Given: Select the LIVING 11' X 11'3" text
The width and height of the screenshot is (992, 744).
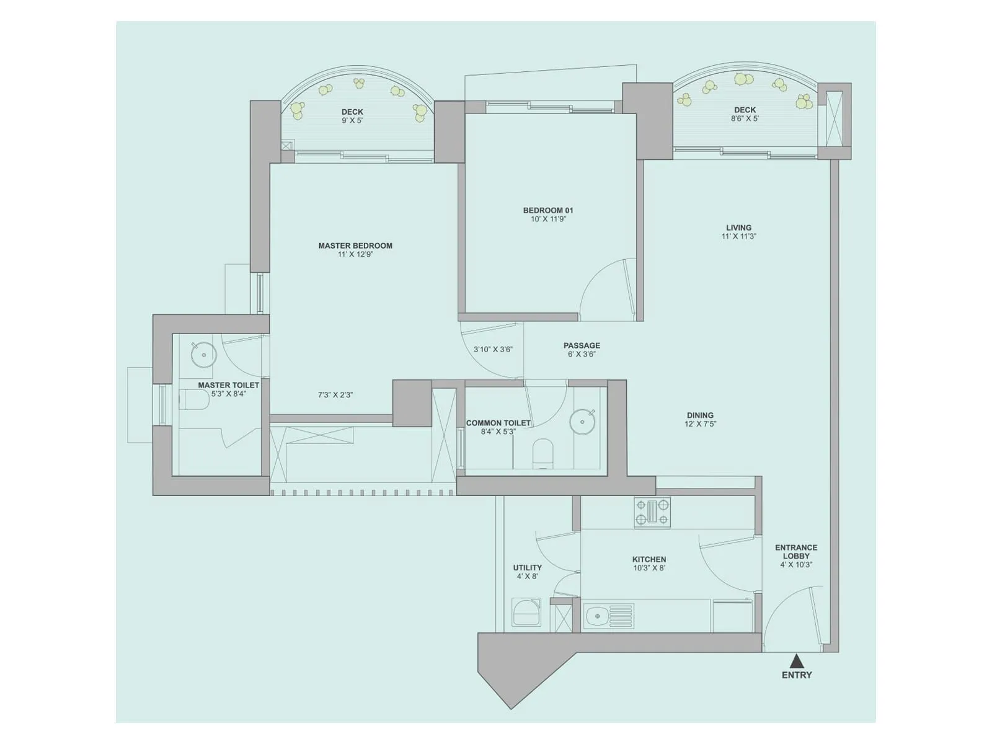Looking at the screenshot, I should (x=738, y=232).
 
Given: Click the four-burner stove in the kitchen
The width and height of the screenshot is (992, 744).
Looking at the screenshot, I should (x=652, y=513).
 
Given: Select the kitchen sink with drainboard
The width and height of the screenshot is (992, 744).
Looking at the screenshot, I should (x=609, y=617).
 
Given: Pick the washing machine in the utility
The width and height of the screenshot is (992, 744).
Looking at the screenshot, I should (x=526, y=612).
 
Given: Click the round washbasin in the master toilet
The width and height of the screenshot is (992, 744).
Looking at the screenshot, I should (x=203, y=355).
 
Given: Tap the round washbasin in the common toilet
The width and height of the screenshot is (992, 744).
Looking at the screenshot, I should (x=582, y=422).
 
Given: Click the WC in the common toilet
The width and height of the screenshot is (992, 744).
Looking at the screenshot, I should (x=542, y=453).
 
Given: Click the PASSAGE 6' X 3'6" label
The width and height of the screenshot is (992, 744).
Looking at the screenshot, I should (x=582, y=350).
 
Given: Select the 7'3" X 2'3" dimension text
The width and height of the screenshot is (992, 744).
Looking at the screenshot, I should (x=335, y=395).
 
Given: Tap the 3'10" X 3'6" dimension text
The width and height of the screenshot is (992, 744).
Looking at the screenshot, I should (x=493, y=350).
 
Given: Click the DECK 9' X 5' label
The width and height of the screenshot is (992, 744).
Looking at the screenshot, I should (x=352, y=116).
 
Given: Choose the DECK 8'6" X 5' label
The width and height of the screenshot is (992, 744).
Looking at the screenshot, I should (x=745, y=114).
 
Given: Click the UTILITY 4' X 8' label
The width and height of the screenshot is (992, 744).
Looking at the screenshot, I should (x=527, y=572).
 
